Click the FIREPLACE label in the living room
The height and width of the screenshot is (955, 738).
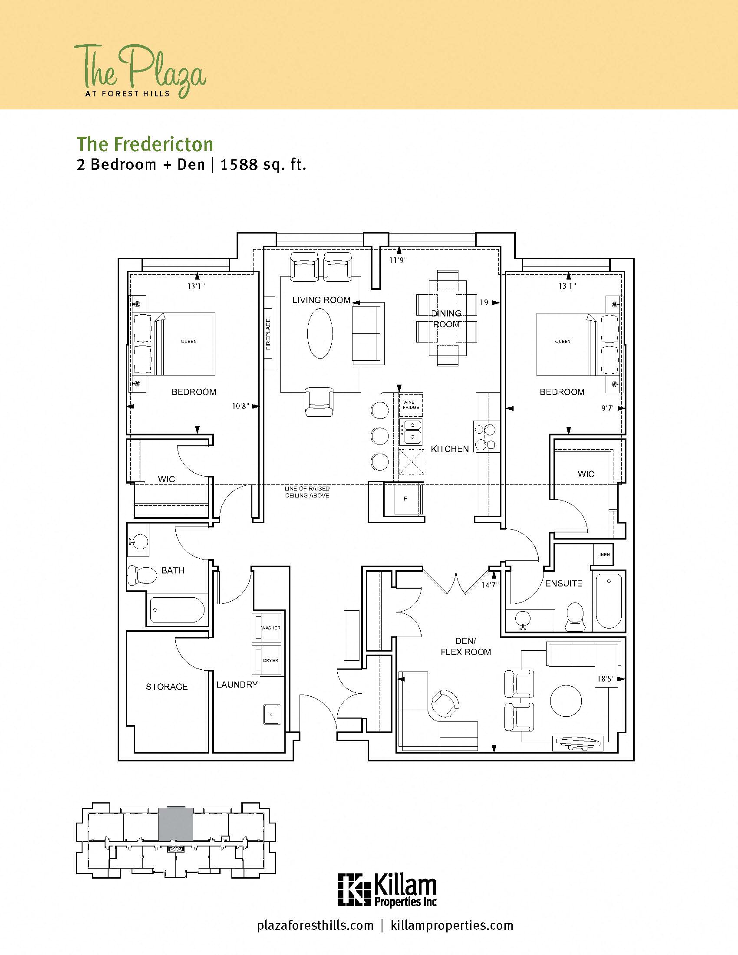coord(268,334)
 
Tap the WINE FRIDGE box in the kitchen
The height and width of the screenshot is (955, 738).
coord(411,405)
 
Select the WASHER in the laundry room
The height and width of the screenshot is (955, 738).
coord(267,628)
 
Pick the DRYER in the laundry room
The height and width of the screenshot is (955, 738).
coord(267,660)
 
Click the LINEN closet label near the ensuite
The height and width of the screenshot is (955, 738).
coord(603,554)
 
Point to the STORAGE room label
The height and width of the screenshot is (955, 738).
coord(167,687)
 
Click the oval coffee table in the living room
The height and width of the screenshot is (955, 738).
coord(320,334)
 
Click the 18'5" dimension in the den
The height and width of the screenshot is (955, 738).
coord(606,679)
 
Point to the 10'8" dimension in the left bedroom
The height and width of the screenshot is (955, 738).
coord(240,406)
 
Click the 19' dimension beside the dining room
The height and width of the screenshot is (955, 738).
coord(484,303)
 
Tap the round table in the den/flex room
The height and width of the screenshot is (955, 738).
coord(566,700)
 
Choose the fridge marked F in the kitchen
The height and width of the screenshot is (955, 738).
coord(405,498)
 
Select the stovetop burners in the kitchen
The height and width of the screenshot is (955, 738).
coord(486,437)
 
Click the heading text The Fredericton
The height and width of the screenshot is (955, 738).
coord(145,144)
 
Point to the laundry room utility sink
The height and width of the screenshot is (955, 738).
coord(272,714)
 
